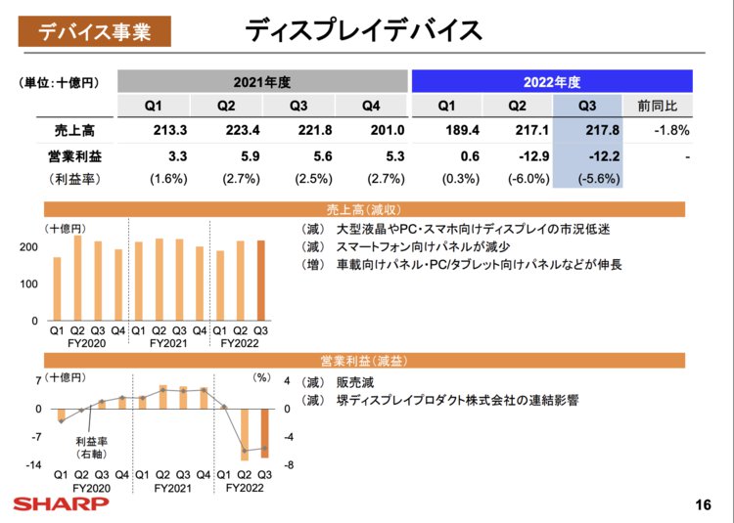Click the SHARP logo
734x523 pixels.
[61, 503]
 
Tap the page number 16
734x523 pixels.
[702, 504]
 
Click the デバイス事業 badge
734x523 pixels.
[94, 31]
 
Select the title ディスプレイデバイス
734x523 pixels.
[364, 30]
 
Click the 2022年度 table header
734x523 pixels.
[552, 81]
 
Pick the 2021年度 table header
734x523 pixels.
[261, 81]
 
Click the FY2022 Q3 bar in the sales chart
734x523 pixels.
[260, 281]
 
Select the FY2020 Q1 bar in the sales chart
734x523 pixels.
[57, 288]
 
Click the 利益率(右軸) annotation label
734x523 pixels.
[92, 448]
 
